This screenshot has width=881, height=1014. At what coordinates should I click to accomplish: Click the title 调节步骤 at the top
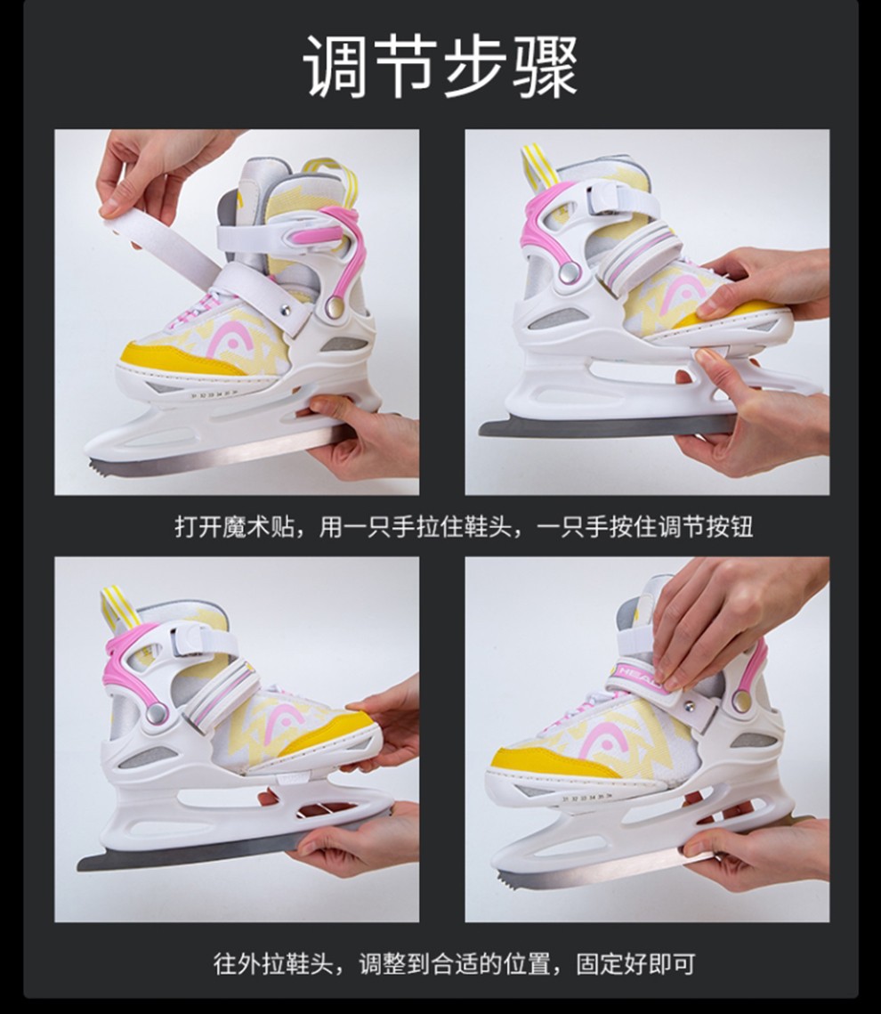tap(440, 67)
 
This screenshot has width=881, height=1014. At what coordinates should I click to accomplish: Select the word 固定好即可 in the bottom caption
tap(634, 964)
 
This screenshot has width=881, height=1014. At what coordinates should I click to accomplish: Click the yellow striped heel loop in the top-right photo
tap(536, 165)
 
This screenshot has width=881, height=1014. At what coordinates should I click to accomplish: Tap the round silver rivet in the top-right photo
tap(569, 272)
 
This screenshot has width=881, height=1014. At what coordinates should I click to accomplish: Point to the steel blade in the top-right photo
tap(608, 426)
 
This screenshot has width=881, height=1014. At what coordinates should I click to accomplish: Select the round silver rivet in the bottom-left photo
tap(156, 713)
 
